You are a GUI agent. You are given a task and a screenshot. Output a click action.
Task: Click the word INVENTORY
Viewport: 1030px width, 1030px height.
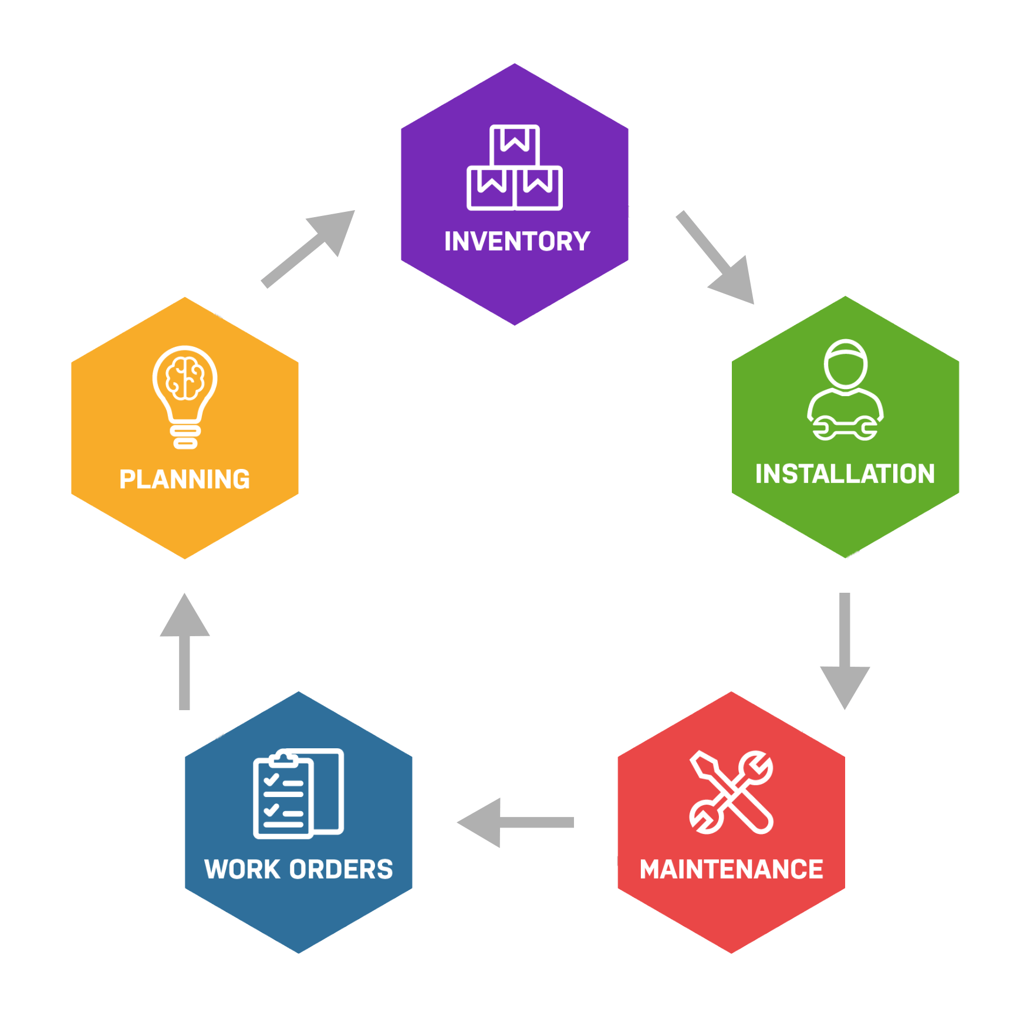pyautogui.click(x=517, y=241)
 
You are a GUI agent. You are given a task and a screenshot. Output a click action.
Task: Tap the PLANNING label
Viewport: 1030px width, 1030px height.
pyautogui.click(x=185, y=479)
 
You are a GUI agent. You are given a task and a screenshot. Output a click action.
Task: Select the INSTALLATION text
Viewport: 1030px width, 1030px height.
pyautogui.click(x=845, y=474)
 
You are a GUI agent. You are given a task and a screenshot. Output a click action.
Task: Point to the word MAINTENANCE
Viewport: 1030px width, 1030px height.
pyautogui.click(x=731, y=869)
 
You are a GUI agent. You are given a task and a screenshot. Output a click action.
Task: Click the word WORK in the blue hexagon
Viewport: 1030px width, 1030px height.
pyautogui.click(x=239, y=869)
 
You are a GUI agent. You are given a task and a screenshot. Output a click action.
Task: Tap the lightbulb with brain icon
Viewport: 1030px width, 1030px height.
pyautogui.click(x=185, y=397)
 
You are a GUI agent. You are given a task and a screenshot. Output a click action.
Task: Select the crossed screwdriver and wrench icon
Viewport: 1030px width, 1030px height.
pyautogui.click(x=731, y=792)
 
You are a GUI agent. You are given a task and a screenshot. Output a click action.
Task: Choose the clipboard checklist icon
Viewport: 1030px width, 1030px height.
pyautogui.click(x=298, y=793)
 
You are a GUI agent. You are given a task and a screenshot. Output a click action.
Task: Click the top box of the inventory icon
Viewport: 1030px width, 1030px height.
pyautogui.click(x=515, y=144)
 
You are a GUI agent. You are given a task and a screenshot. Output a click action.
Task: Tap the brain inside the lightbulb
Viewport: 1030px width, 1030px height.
pyautogui.click(x=185, y=378)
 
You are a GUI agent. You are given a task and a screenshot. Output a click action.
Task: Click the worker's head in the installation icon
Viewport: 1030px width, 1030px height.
pyautogui.click(x=845, y=363)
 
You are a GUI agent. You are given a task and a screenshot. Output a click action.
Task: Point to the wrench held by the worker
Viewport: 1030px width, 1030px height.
pyautogui.click(x=845, y=428)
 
